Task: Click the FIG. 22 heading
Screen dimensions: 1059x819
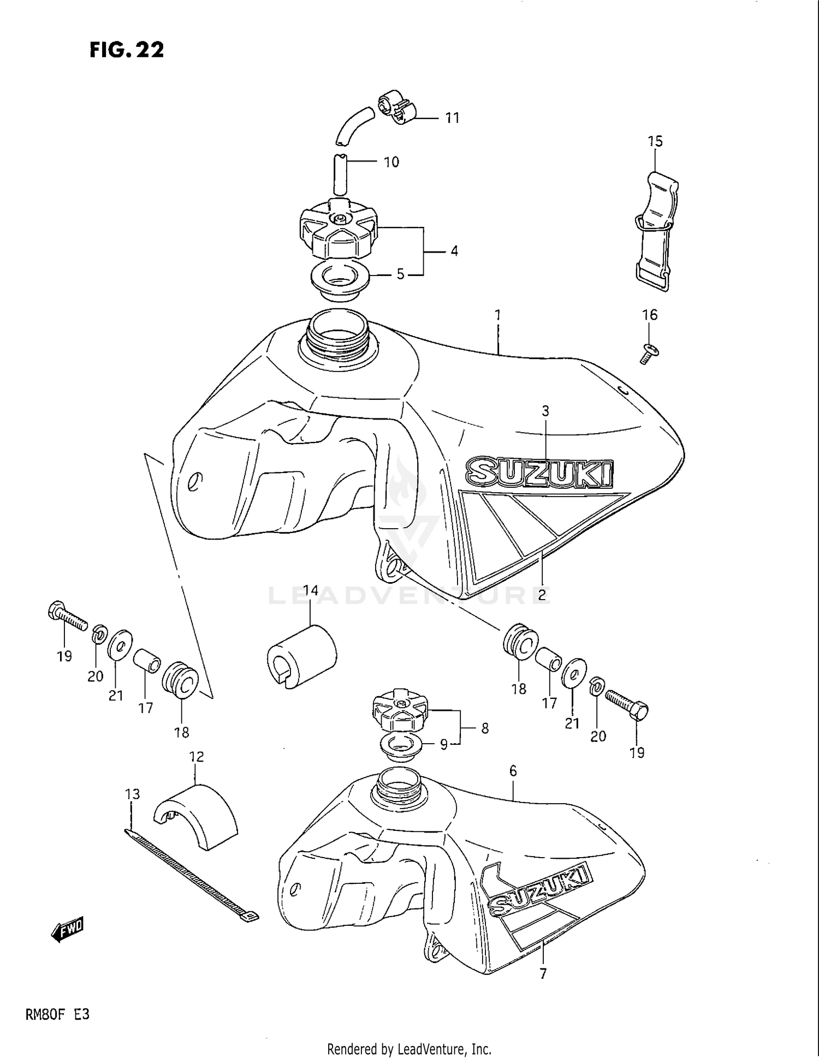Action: pos(127,50)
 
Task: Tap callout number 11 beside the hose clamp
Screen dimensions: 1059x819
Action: pos(452,118)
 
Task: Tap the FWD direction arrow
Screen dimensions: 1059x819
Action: pos(68,929)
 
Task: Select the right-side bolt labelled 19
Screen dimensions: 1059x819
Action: pos(628,703)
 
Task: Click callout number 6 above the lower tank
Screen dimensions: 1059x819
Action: pos(513,771)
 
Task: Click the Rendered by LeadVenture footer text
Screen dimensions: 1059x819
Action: pos(409,1048)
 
